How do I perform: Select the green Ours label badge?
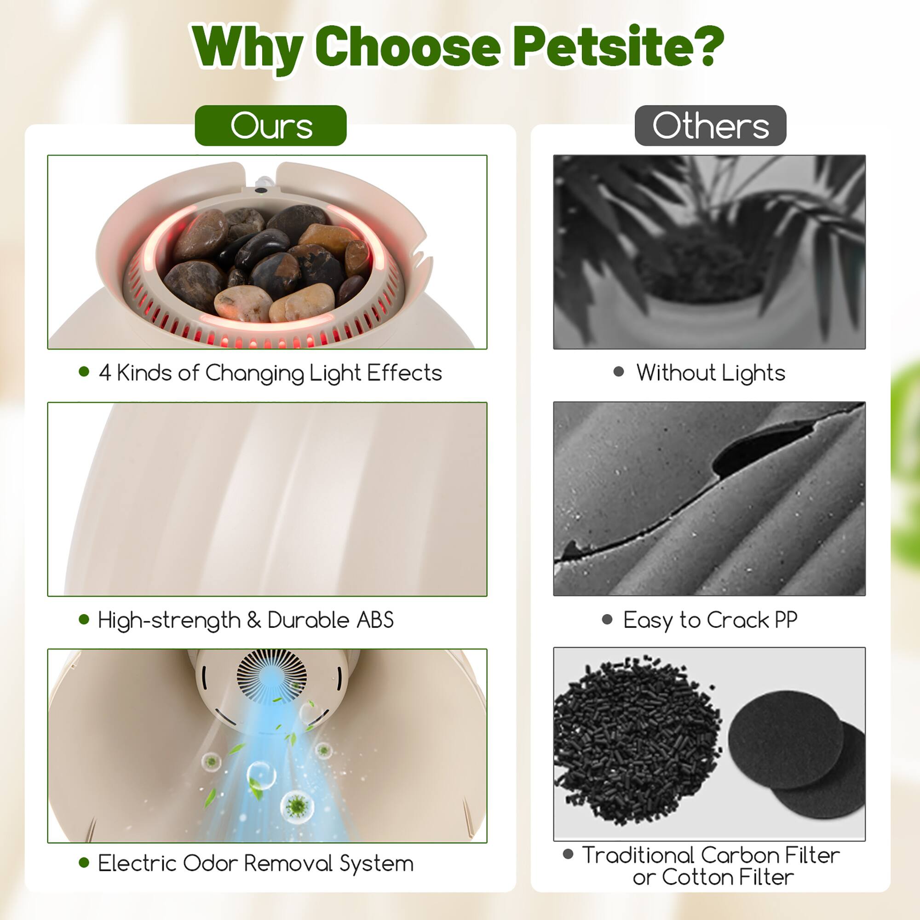click(x=270, y=126)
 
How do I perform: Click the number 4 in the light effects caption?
click(x=105, y=373)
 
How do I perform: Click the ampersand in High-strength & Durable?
click(x=254, y=620)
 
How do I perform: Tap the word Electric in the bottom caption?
click(x=137, y=863)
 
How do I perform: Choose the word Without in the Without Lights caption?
click(x=676, y=373)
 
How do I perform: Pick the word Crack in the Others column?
click(x=738, y=620)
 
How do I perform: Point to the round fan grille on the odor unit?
click(x=271, y=677)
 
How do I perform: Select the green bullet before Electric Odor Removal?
click(x=84, y=862)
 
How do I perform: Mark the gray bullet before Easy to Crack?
click(x=607, y=620)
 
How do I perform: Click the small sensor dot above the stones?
click(x=260, y=190)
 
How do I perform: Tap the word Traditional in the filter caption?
click(x=638, y=855)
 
